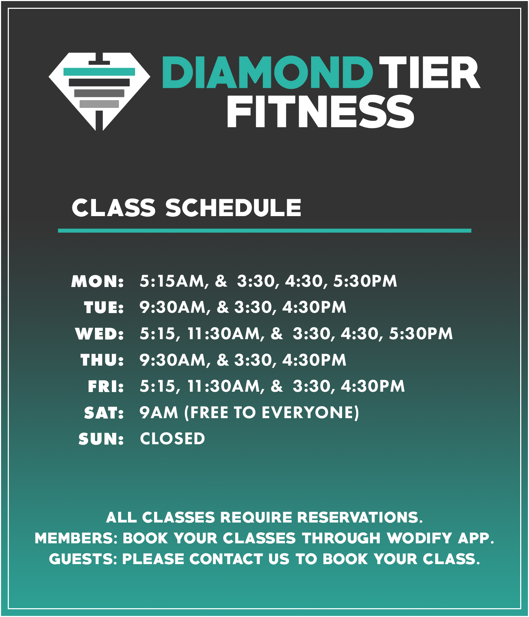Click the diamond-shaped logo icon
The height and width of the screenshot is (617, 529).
(x=99, y=91)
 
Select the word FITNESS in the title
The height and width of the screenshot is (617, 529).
(x=320, y=111)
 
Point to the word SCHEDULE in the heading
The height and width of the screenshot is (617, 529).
(x=233, y=208)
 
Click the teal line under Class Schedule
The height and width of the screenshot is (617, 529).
(x=264, y=231)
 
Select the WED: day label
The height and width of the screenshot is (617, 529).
(x=99, y=334)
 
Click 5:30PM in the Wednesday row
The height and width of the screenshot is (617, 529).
(x=421, y=334)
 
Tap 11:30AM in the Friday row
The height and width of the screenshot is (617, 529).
(x=226, y=386)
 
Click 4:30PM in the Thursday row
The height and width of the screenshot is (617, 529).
(x=314, y=360)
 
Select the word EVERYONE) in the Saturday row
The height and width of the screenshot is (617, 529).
(x=310, y=413)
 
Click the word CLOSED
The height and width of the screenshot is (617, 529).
(x=172, y=439)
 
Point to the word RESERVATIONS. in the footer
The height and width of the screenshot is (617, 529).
(x=360, y=518)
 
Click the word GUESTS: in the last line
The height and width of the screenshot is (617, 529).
(x=83, y=559)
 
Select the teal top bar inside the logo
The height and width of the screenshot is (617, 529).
(x=99, y=72)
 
